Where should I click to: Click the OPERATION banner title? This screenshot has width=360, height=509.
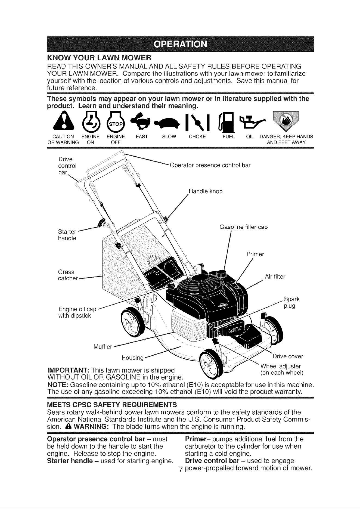(180, 44)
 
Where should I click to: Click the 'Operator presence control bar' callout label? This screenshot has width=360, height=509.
(210, 165)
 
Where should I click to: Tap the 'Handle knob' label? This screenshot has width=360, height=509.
(206, 191)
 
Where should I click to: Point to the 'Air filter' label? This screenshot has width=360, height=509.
(275, 277)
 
